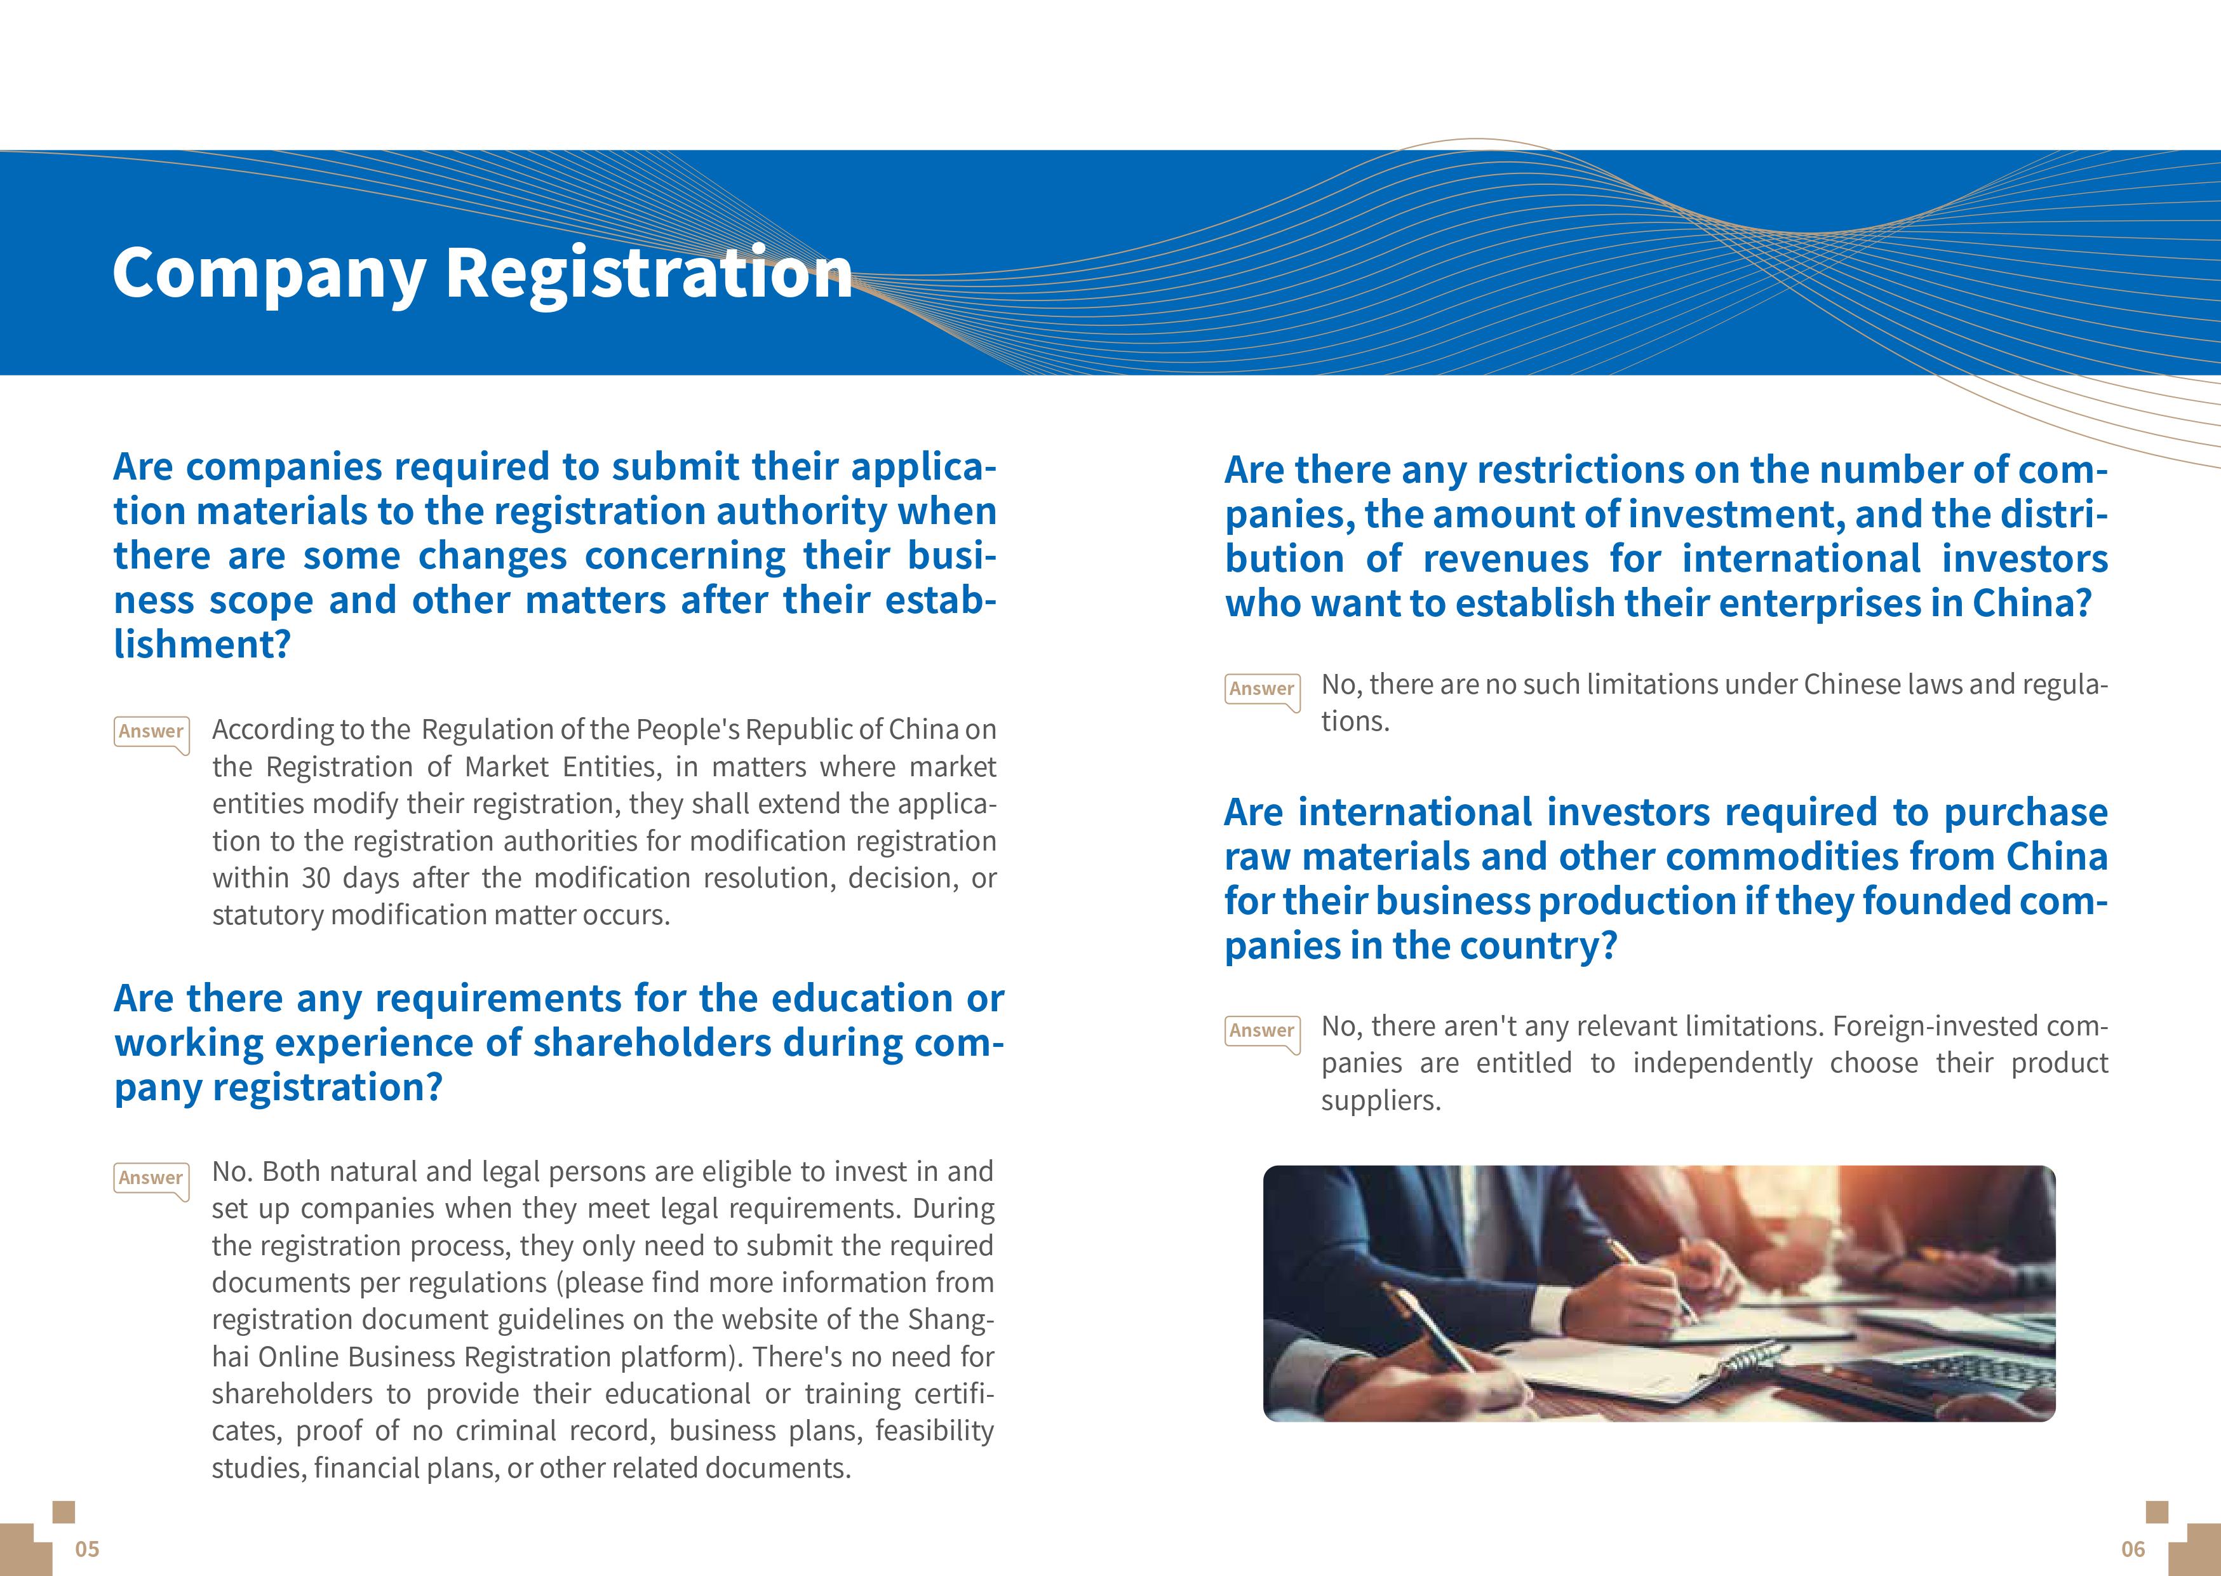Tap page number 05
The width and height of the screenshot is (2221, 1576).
click(87, 1549)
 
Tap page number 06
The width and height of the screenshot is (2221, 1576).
click(2133, 1549)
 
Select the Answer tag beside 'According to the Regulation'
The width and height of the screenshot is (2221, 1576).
click(151, 732)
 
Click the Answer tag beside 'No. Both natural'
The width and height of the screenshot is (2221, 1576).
click(151, 1178)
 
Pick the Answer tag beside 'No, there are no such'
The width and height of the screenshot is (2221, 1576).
click(1261, 689)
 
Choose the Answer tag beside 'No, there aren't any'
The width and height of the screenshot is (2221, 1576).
click(1261, 1030)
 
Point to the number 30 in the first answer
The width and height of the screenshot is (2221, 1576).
click(316, 879)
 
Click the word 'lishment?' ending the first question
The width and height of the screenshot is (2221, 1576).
click(202, 644)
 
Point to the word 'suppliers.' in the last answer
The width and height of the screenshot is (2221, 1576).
click(1381, 1100)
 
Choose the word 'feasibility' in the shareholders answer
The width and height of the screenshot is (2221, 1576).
click(934, 1431)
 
